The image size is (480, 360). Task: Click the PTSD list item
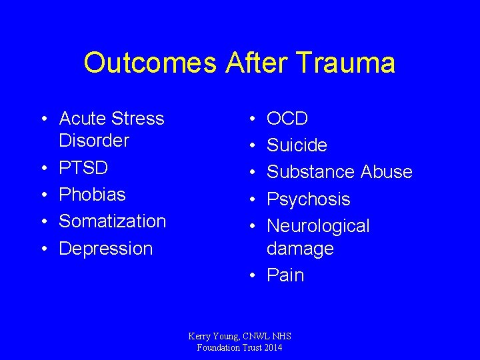pos(83,167)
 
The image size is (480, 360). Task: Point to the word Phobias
pos(92,194)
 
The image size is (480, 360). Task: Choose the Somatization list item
pos(112,221)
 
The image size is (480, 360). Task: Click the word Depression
pos(106,248)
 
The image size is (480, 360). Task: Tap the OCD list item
pos(287,119)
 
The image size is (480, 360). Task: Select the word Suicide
pos(297,145)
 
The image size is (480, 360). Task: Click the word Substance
pos(311,172)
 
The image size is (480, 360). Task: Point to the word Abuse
pos(387,172)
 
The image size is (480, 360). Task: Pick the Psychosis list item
pos(308,199)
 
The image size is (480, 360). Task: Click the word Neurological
pos(318,226)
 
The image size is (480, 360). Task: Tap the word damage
pos(300,249)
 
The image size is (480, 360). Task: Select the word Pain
pos(285,275)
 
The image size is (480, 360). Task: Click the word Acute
pos(82,119)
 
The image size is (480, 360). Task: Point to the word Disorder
pos(93,141)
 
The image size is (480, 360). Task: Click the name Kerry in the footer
pos(201,337)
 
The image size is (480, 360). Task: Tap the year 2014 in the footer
pos(271,347)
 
